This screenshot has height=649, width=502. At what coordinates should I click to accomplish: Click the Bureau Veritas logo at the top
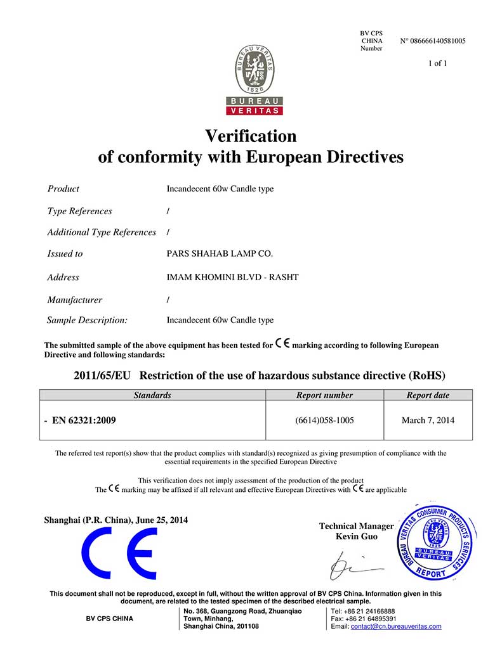click(254, 79)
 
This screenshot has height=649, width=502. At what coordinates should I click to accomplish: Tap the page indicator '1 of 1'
click(438, 63)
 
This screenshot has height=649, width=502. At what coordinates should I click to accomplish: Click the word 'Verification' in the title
click(251, 136)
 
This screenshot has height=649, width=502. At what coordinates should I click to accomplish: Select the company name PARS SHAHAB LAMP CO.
click(220, 254)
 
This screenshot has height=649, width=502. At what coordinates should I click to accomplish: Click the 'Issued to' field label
click(65, 254)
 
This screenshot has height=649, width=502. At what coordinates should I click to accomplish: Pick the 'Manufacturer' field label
click(74, 300)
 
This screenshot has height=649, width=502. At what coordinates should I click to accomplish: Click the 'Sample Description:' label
click(87, 320)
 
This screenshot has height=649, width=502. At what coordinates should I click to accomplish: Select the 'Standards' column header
click(152, 395)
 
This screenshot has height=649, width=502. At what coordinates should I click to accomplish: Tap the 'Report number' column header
click(324, 395)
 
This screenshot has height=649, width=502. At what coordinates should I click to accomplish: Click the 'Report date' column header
click(428, 395)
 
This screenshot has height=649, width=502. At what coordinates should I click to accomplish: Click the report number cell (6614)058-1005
click(324, 420)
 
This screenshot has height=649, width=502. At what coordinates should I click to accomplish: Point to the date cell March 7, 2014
click(428, 420)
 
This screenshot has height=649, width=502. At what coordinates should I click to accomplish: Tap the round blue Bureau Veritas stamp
click(437, 538)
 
